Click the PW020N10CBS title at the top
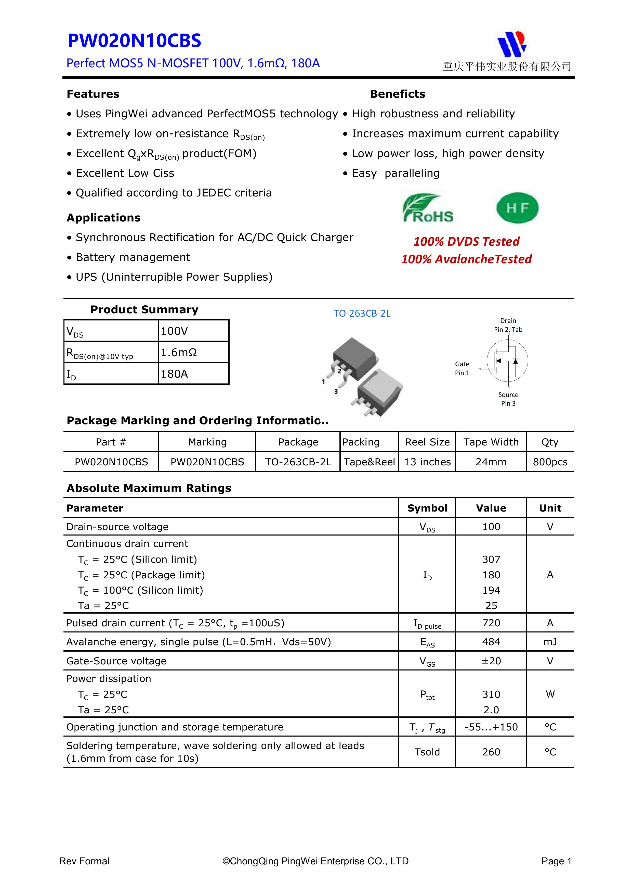(134, 41)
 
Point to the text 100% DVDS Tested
(466, 242)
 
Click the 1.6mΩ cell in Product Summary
(179, 352)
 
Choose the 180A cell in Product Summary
(175, 374)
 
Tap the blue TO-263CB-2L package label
(362, 313)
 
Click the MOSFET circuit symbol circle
(507, 361)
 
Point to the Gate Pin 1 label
(462, 368)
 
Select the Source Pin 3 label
(508, 399)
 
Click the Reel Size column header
(427, 442)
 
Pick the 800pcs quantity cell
(550, 462)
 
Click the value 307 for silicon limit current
(491, 559)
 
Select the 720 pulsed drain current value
(491, 623)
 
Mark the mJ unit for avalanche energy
(550, 642)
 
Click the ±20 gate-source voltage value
(491, 661)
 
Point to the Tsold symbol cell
(427, 752)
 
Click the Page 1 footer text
(556, 861)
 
